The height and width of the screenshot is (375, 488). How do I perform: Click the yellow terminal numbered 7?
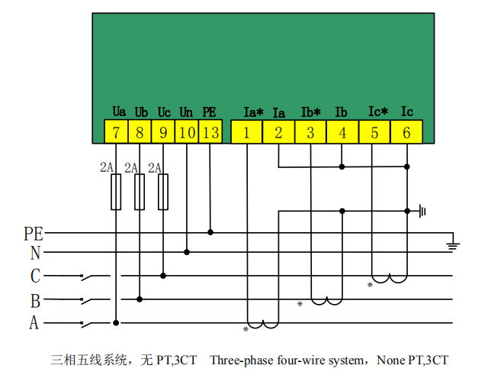[x=116, y=132]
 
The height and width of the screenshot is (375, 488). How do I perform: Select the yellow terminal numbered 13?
[x=210, y=132]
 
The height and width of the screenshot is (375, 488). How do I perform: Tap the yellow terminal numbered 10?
[x=187, y=132]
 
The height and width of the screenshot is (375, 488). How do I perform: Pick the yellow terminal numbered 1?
[x=246, y=132]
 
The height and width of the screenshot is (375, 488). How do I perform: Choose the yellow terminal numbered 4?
[x=342, y=132]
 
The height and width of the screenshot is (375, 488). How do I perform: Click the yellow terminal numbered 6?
[x=406, y=132]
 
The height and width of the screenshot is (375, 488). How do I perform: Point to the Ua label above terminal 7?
[x=119, y=112]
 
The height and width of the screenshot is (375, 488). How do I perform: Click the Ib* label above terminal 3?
[x=310, y=112]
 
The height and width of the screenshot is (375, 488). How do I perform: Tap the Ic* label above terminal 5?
[x=378, y=112]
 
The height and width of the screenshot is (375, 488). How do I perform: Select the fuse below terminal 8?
[x=140, y=192]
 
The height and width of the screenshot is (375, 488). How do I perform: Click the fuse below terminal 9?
[x=163, y=192]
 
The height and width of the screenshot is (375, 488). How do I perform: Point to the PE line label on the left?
[x=34, y=234]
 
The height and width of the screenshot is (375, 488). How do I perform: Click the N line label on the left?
[x=35, y=253]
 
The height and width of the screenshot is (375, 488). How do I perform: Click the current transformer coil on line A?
[x=263, y=325]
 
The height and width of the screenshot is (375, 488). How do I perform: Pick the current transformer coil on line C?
[x=390, y=278]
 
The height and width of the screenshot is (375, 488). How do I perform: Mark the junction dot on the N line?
[x=187, y=252]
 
